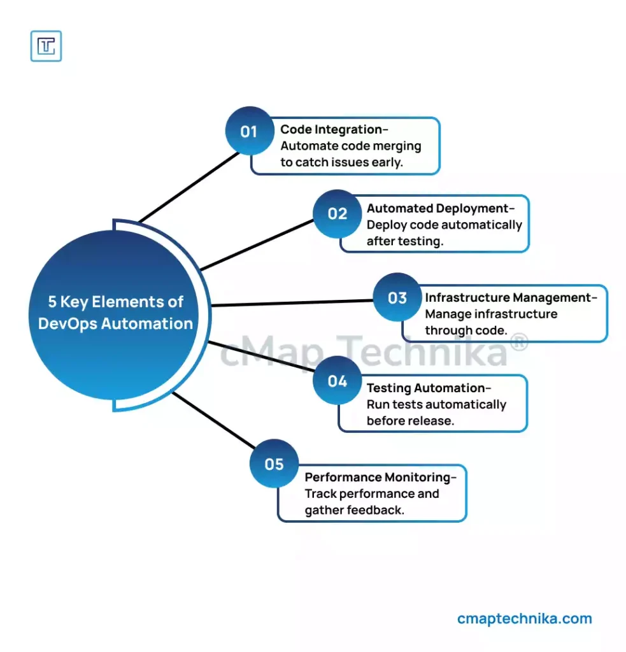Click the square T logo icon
[46, 46]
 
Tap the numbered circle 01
[248, 131]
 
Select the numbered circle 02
[338, 213]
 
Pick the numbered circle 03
[397, 297]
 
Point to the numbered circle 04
[338, 381]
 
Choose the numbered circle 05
[274, 464]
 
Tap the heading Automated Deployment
[438, 208]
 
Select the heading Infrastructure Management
[509, 297]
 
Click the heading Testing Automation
[427, 388]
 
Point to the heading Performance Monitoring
[378, 477]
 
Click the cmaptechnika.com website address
[524, 618]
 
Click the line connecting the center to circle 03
[293, 302]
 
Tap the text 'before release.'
[410, 420]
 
